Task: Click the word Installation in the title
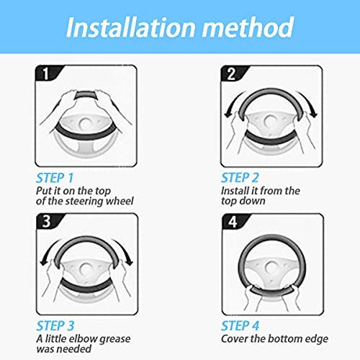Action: (131, 27)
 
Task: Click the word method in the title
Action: (248, 27)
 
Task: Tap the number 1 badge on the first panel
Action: (46, 73)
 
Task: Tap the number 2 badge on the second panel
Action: (231, 73)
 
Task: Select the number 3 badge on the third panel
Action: (47, 221)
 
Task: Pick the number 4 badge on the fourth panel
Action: (233, 222)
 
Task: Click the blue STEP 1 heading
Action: (55, 178)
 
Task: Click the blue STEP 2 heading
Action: (240, 178)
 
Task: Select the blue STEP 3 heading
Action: (55, 326)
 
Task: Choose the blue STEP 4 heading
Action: (240, 326)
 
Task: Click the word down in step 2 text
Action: (255, 201)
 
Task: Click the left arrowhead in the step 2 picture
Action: (228, 114)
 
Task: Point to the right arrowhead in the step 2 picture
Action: (313, 114)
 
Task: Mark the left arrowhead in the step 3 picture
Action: (44, 262)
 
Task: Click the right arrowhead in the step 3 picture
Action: (130, 262)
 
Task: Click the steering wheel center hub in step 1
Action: (85, 124)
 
